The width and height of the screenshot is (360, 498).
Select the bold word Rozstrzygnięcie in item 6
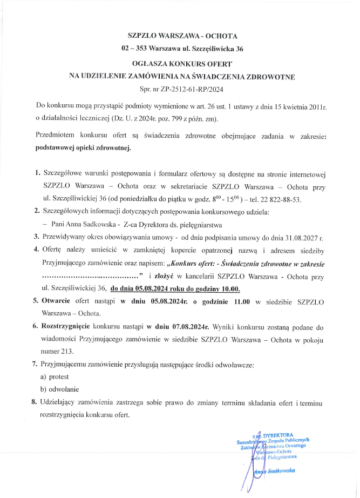coord(66,327)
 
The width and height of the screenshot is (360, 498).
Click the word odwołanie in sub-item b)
coord(64,389)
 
